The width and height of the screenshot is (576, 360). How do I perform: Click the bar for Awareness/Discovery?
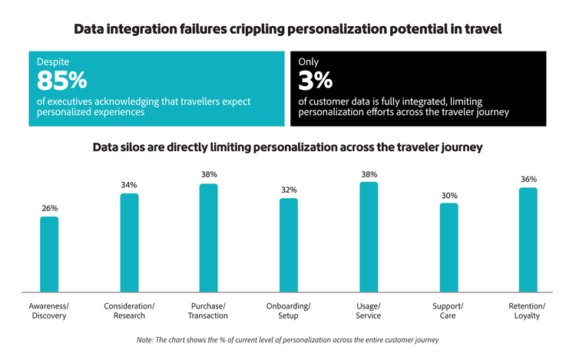coord(49,254)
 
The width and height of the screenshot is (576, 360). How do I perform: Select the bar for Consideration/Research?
coord(129,243)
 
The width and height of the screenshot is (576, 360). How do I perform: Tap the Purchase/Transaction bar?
coord(209,238)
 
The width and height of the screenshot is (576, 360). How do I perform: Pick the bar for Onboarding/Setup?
coord(289,245)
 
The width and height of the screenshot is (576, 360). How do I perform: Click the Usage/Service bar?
coord(369,237)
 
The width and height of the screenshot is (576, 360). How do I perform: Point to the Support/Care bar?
coord(449,247)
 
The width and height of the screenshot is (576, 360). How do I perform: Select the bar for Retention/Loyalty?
coord(528,239)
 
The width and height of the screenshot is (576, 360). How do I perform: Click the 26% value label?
coord(49,207)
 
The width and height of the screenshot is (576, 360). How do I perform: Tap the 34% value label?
coord(129,184)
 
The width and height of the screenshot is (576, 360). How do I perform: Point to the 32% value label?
coord(289,190)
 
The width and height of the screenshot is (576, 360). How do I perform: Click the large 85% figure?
coord(62,80)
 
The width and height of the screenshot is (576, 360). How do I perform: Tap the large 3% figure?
coord(316,80)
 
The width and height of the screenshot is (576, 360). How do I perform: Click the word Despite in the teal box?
coord(53,61)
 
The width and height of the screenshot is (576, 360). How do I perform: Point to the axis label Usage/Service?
coord(369,312)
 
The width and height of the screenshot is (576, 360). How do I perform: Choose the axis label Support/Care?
coord(449,312)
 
